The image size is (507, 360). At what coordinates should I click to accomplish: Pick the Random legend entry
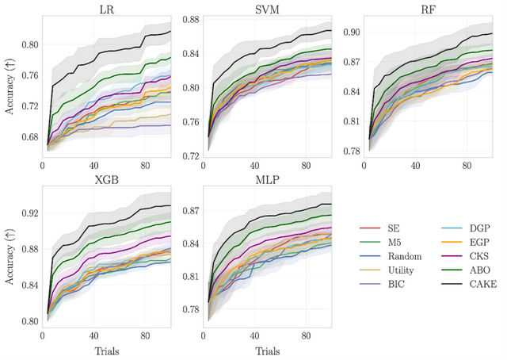tap(393, 257)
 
